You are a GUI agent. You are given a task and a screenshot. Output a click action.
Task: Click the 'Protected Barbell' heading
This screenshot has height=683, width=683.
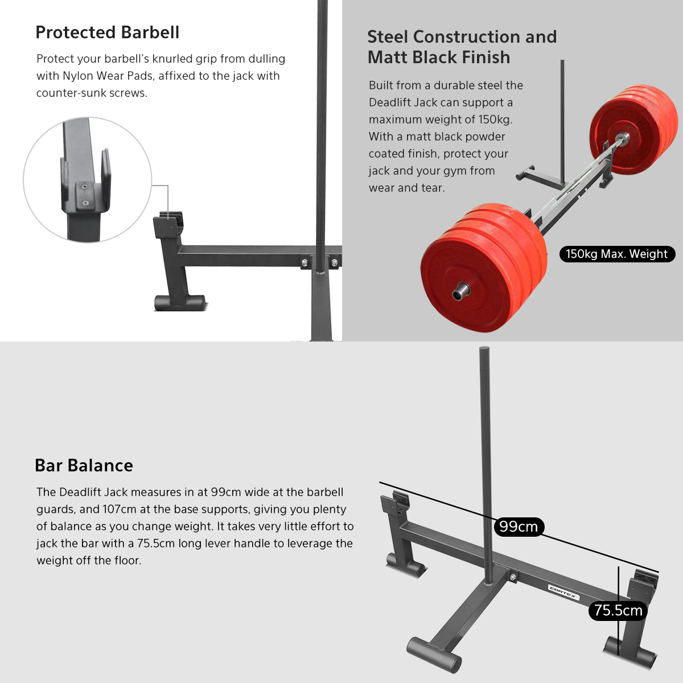108,32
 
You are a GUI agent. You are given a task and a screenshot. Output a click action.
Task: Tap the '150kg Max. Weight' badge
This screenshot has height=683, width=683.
617,254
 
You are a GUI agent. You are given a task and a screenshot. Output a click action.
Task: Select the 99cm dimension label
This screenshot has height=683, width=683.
519,526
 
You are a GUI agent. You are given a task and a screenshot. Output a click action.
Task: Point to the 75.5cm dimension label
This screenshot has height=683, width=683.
618,610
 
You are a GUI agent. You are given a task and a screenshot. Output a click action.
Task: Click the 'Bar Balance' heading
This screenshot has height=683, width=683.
84,466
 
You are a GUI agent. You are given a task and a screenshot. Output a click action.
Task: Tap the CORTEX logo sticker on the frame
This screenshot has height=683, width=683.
563,592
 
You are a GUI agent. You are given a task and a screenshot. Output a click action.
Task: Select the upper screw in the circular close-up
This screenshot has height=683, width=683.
84,187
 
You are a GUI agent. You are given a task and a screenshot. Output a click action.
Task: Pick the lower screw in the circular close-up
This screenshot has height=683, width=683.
85,203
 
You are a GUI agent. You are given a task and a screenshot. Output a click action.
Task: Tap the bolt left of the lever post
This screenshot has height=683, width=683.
305,264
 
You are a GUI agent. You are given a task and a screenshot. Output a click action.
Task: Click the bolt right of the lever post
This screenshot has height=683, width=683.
335,264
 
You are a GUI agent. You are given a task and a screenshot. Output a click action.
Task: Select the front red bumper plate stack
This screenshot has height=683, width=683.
484,268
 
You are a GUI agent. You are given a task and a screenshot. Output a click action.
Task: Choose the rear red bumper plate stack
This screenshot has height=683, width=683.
633,129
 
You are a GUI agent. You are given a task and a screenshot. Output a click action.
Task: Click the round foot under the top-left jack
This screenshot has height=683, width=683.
180,302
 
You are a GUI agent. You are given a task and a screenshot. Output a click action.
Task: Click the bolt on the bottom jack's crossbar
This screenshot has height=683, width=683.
512,578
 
